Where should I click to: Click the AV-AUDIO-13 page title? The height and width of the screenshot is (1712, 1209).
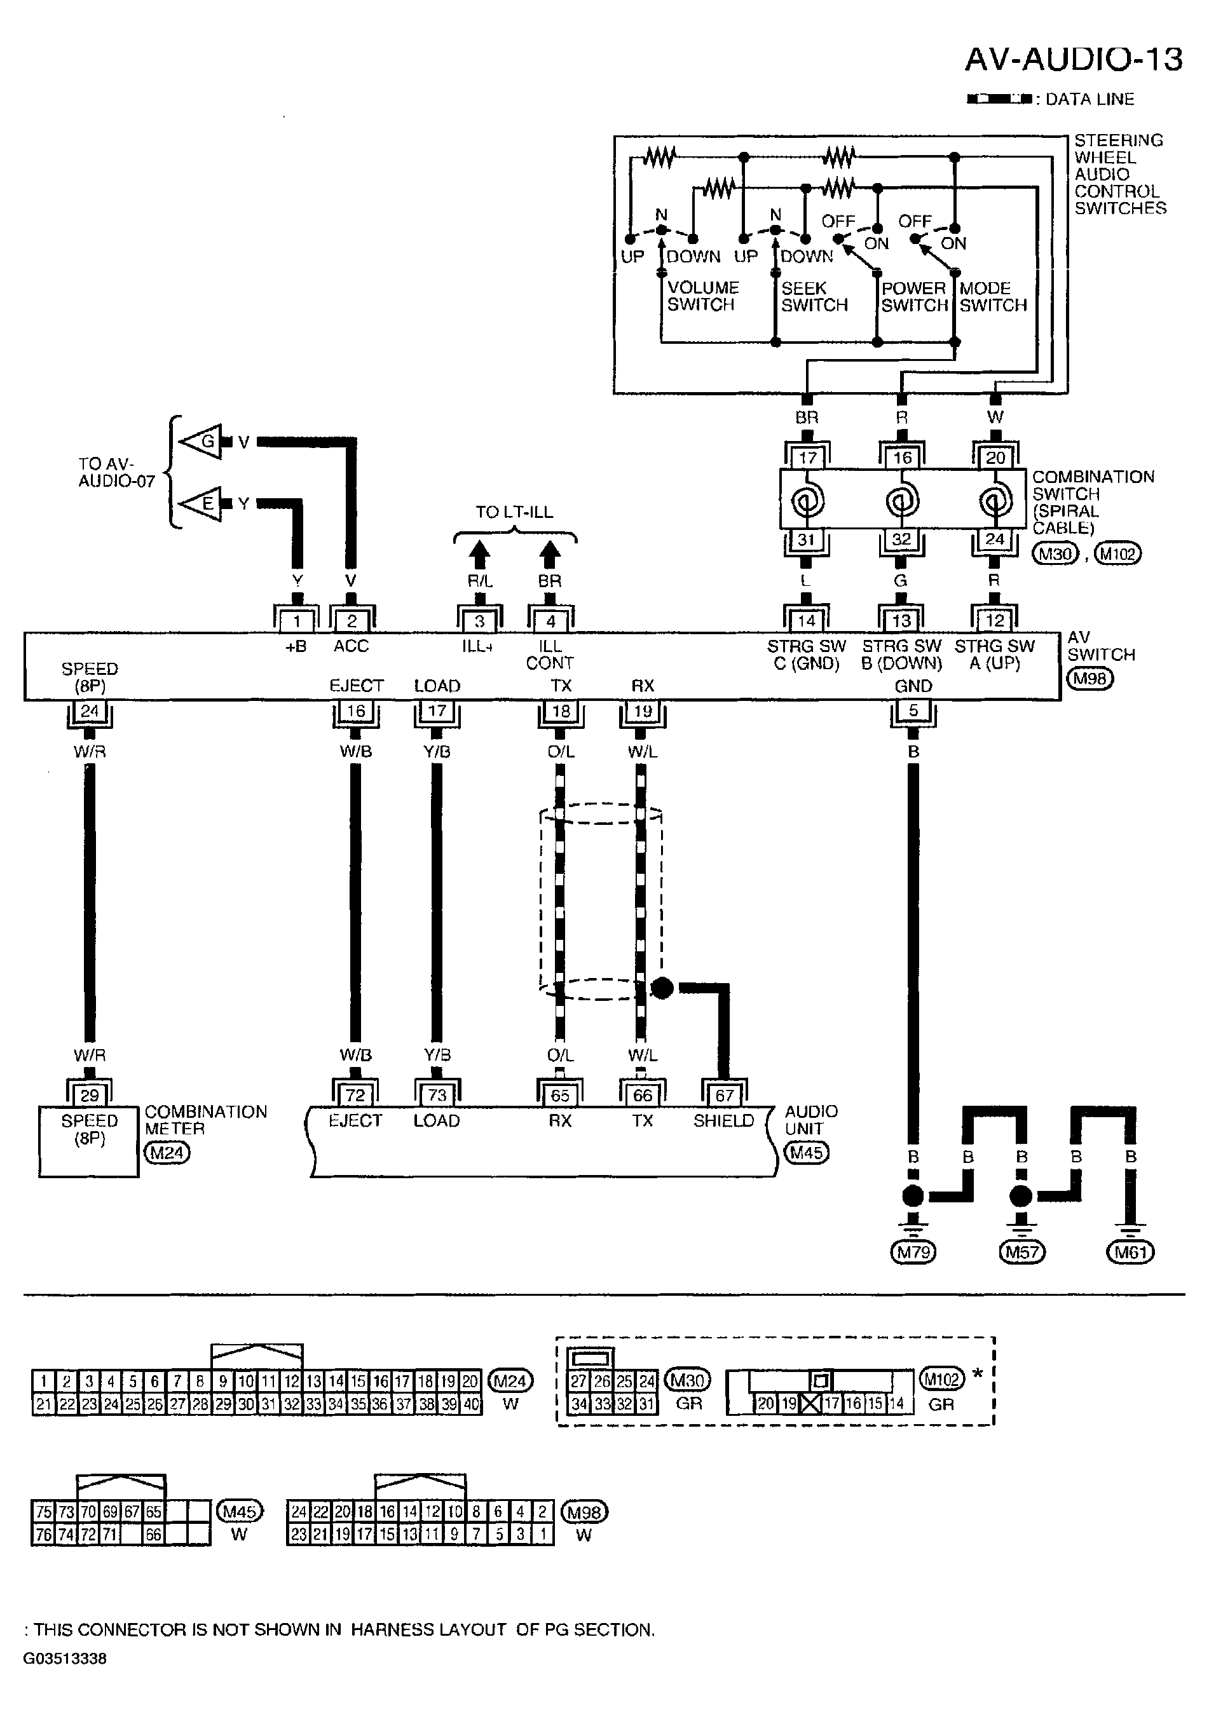pyautogui.click(x=1074, y=59)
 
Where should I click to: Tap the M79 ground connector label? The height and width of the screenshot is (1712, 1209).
pyautogui.click(x=913, y=1252)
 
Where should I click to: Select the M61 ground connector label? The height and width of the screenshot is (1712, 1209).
pyautogui.click(x=1130, y=1252)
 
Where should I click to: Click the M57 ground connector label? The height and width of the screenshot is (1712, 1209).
pyautogui.click(x=1021, y=1252)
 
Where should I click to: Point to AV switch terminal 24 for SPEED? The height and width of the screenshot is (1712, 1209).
pyautogui.click(x=90, y=710)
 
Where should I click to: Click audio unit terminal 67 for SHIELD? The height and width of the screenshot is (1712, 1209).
pyautogui.click(x=724, y=1096)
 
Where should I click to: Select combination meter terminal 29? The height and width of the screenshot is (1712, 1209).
pyautogui.click(x=90, y=1096)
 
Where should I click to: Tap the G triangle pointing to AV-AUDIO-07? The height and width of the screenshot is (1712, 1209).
pyautogui.click(x=201, y=442)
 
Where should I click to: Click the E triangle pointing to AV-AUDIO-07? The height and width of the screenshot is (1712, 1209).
pyautogui.click(x=201, y=504)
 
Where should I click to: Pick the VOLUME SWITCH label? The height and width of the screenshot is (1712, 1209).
pyautogui.click(x=702, y=296)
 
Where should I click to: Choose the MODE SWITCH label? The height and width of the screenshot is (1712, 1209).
pyautogui.click(x=993, y=297)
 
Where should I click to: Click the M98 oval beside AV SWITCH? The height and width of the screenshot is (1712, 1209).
pyautogui.click(x=1089, y=679)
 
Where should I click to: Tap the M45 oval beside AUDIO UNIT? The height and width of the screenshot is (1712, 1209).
pyautogui.click(x=806, y=1153)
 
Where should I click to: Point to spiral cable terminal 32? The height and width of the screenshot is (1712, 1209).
pyautogui.click(x=901, y=539)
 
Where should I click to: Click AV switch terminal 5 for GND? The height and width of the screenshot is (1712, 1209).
pyautogui.click(x=913, y=710)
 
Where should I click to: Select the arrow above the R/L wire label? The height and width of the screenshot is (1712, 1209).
pyautogui.click(x=479, y=555)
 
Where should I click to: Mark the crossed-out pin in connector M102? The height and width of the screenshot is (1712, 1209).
pyautogui.click(x=810, y=1403)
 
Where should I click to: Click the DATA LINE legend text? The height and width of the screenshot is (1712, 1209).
pyautogui.click(x=1089, y=99)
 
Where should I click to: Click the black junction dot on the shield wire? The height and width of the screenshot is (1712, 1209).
pyautogui.click(x=662, y=989)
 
